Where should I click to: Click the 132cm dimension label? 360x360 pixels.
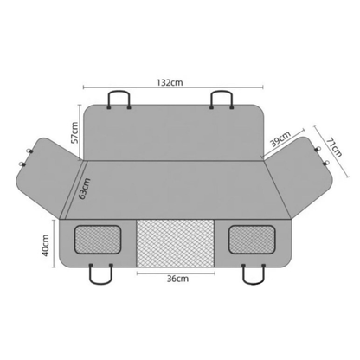[x=170, y=82]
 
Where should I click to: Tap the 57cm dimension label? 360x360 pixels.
[x=74, y=132]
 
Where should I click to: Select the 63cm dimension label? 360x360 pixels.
[x=84, y=189]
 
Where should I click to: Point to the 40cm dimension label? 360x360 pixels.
[x=45, y=245]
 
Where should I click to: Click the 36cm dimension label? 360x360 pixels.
[x=177, y=279]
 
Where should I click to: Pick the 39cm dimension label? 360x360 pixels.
[x=280, y=139]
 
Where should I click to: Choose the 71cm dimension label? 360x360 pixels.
[x=334, y=147]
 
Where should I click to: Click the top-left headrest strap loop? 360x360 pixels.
[x=119, y=93]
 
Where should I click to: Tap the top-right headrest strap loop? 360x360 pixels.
[x=222, y=93]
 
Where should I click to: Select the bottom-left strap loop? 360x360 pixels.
[x=100, y=281]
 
